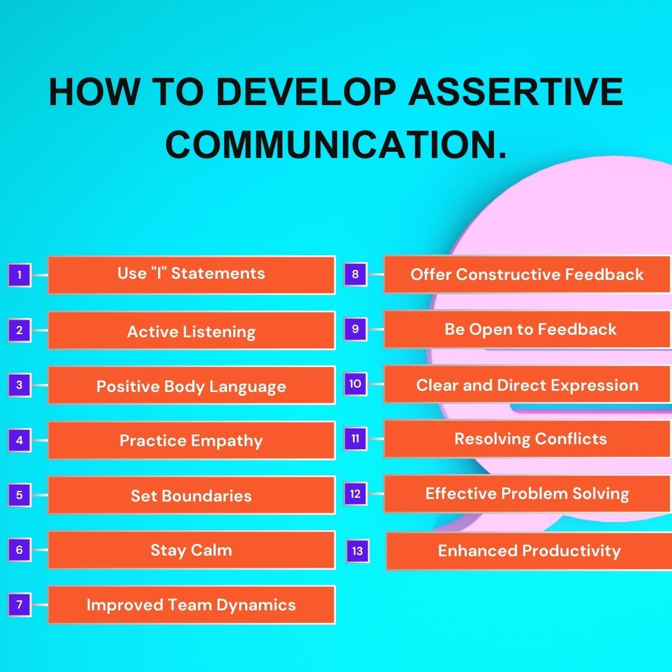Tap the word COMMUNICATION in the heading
pyautogui.click(x=337, y=144)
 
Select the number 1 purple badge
pyautogui.click(x=19, y=274)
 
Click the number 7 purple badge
pyautogui.click(x=19, y=604)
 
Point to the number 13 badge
pyautogui.click(x=357, y=551)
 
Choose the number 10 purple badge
pyautogui.click(x=355, y=384)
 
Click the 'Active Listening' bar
pyautogui.click(x=191, y=331)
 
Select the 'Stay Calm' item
pyautogui.click(x=191, y=550)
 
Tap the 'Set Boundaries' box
pyautogui.click(x=191, y=495)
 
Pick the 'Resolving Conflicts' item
pyautogui.click(x=530, y=439)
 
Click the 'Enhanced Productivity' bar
pyautogui.click(x=529, y=551)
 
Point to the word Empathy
pyautogui.click(x=227, y=441)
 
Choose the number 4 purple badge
pyautogui.click(x=19, y=441)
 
